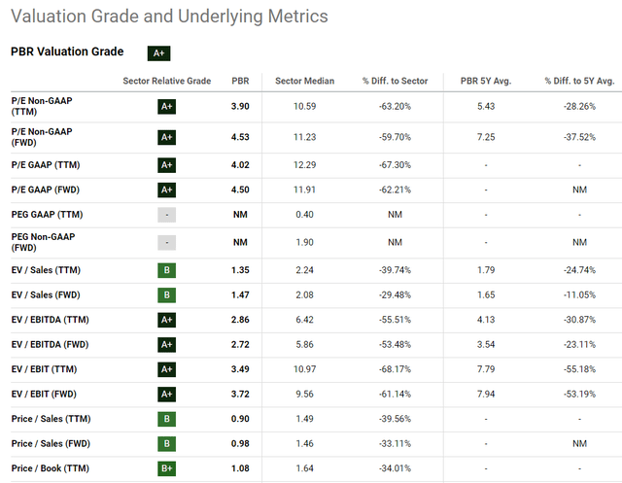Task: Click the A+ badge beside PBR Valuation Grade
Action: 159,53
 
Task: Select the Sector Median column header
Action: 304,81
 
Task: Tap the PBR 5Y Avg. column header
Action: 486,81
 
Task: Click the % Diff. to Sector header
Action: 396,81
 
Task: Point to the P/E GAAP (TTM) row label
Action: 46,165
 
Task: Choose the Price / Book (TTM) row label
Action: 51,468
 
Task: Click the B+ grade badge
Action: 166,468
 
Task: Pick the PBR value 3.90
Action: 240,106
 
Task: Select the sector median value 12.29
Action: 304,165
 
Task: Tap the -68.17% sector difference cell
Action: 396,369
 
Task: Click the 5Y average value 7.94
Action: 486,395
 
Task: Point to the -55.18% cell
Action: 579,369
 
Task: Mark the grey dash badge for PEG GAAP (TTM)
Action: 166,215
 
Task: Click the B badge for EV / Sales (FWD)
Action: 166,295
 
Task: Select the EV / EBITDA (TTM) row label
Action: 50,320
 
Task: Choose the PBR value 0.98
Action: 240,444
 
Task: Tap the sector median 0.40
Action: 304,215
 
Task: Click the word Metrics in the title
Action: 298,17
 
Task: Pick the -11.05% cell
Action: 579,295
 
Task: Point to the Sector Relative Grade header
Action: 167,81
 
